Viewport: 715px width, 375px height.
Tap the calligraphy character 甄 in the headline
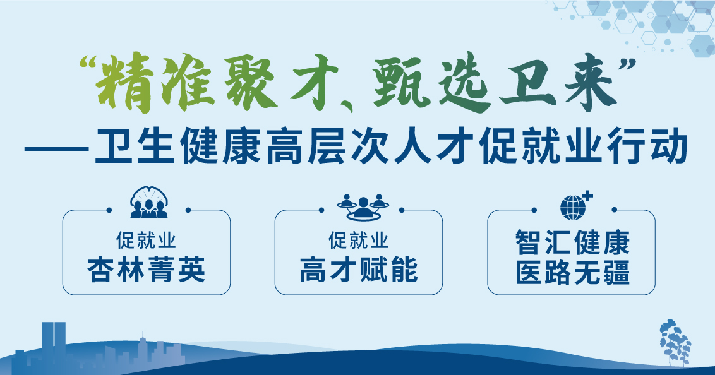[x=401, y=83]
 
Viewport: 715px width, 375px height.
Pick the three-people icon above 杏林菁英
[x=148, y=202]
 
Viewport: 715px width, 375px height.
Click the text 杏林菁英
[x=147, y=270]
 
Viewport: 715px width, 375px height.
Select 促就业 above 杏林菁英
[x=146, y=240]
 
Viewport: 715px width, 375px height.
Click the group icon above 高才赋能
[x=363, y=207]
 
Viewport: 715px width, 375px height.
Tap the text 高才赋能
[x=359, y=270]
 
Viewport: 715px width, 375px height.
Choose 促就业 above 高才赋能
[x=358, y=240]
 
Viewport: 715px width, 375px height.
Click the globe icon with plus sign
[x=575, y=206]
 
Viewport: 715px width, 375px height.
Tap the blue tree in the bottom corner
[x=675, y=342]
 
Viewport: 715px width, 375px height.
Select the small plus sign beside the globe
[x=588, y=197]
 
